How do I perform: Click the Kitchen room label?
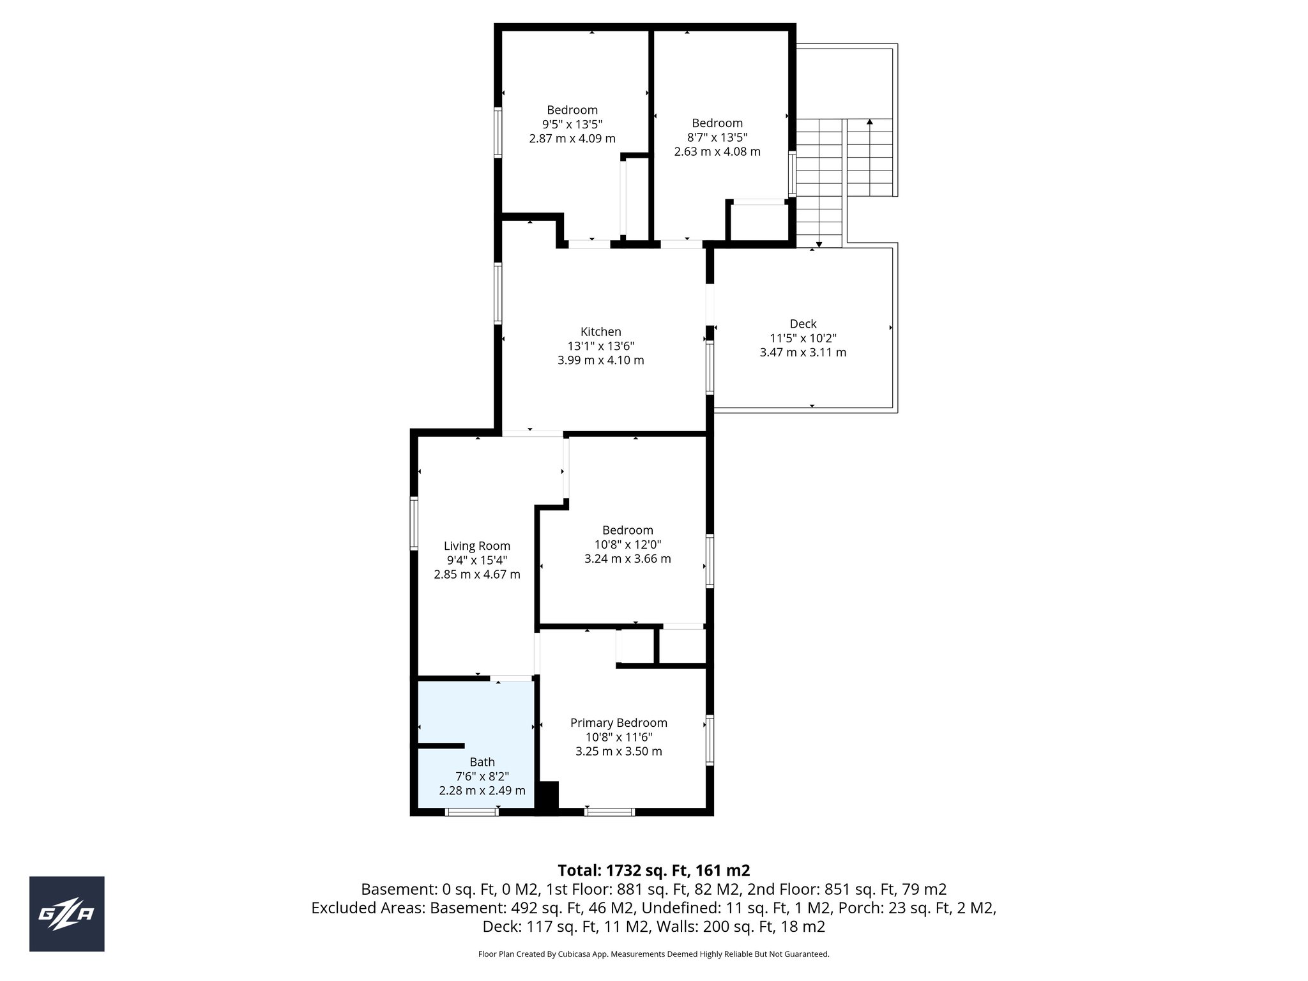click(x=600, y=331)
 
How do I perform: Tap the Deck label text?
click(x=803, y=324)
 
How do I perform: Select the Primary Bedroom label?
click(x=618, y=723)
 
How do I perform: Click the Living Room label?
click(x=477, y=546)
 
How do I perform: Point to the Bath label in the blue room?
click(x=482, y=762)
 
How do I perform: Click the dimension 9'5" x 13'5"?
click(x=572, y=124)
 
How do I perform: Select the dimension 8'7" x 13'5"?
click(x=717, y=137)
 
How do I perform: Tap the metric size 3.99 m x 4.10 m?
click(x=600, y=360)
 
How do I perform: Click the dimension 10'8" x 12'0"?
click(x=627, y=544)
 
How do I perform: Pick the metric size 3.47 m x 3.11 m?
click(x=803, y=353)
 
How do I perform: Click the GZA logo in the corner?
click(x=66, y=914)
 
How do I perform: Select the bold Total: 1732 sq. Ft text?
click(x=653, y=871)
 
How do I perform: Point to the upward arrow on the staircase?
click(x=869, y=122)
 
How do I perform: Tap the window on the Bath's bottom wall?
click(x=471, y=812)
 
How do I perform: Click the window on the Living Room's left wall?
click(x=414, y=523)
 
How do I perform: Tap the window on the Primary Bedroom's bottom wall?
click(x=609, y=812)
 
